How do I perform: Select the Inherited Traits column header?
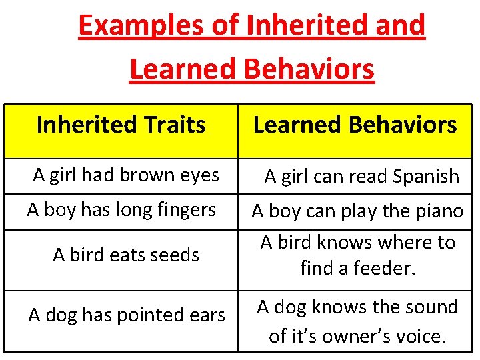[x=121, y=125]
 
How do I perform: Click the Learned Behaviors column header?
[x=355, y=125]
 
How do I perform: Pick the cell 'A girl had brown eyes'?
[x=126, y=175]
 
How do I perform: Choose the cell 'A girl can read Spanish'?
[x=361, y=177]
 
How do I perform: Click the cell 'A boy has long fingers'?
[x=121, y=210]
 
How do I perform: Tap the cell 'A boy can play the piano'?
[x=357, y=211]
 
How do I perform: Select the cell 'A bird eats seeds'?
[x=126, y=255]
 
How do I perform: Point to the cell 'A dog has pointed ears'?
[x=127, y=315]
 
